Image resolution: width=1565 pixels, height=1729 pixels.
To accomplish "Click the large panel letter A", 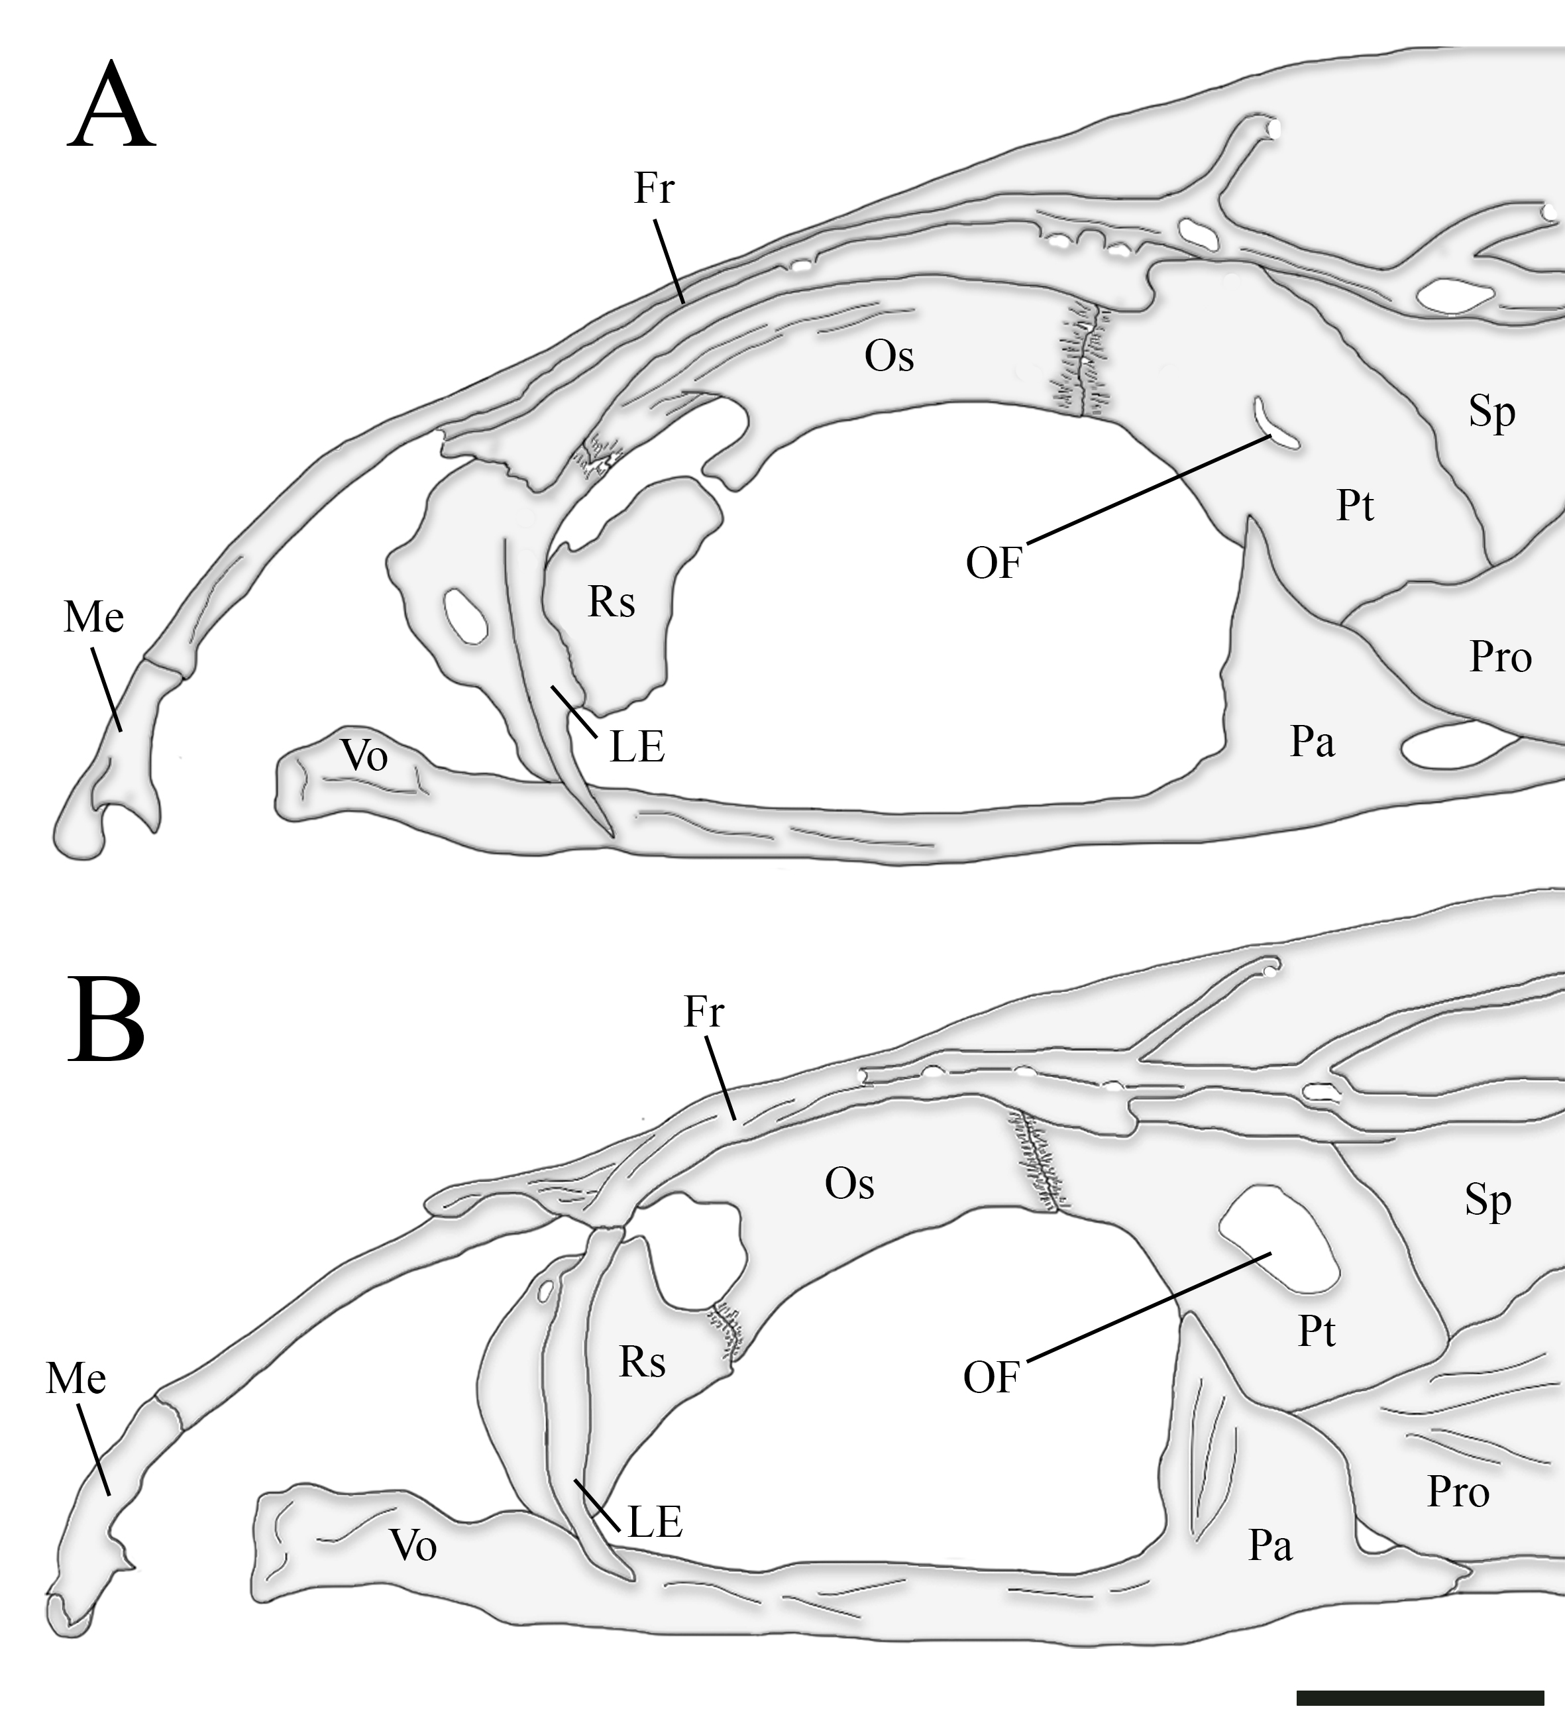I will [x=111, y=107].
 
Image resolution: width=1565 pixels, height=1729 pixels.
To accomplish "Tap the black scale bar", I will [x=1420, y=1697].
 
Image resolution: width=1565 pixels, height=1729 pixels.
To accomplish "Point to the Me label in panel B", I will [x=76, y=1379].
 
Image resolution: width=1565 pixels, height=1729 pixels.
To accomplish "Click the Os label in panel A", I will [x=889, y=356].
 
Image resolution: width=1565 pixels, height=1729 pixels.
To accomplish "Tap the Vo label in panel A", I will [x=364, y=755].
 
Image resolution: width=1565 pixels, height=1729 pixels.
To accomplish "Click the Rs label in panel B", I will [x=642, y=1362].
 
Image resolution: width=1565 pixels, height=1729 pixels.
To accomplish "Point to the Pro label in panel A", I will [x=1501, y=658].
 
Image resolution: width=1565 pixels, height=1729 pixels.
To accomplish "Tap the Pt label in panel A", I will [x=1355, y=506].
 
